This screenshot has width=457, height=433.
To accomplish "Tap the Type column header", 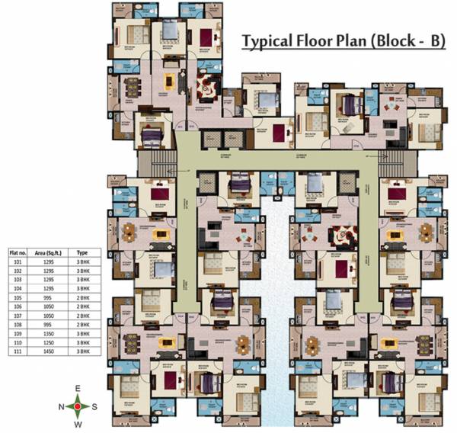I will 84,251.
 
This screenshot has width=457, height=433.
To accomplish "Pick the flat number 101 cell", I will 17,261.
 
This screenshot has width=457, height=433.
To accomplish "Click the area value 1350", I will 47,335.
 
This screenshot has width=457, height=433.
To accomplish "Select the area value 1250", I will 47,345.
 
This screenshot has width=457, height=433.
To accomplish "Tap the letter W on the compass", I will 77,424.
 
